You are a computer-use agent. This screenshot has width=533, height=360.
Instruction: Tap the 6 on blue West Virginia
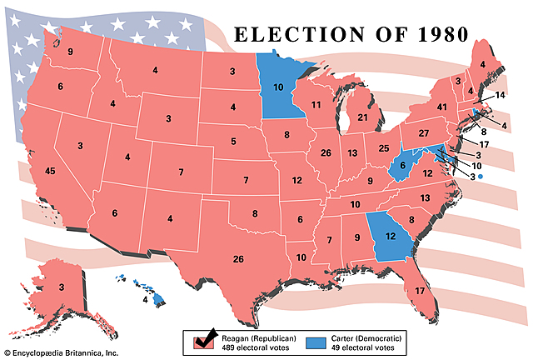pyautogui.click(x=401, y=166)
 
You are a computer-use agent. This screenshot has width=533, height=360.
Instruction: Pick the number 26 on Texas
pyautogui.click(x=239, y=259)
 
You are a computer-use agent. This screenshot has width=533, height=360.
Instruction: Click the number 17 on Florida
pyautogui.click(x=420, y=290)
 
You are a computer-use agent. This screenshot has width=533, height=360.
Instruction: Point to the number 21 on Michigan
pyautogui.click(x=362, y=118)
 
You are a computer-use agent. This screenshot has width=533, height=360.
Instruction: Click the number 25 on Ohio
pyautogui.click(x=384, y=148)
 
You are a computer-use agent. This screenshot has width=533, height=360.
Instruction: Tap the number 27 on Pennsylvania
pyautogui.click(x=423, y=133)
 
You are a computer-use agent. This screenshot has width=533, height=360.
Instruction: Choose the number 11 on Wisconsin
pyautogui.click(x=316, y=105)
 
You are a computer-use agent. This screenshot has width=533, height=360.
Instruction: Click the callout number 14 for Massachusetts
pyautogui.click(x=500, y=96)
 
